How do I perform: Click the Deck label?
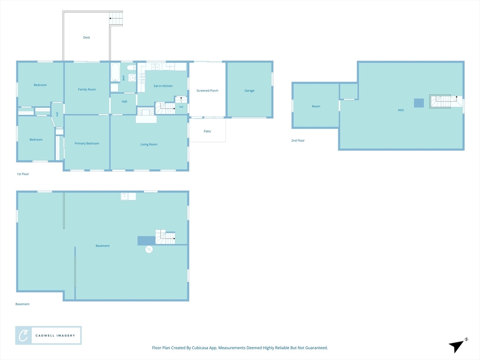pos(87,37)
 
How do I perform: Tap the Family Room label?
pos(87,90)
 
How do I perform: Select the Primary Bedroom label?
pos(87,143)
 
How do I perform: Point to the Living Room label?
pos(149,144)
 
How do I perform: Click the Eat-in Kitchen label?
pos(163,86)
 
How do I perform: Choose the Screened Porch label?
pos(207,90)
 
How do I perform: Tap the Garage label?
pos(249,90)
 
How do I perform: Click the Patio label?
pos(207,131)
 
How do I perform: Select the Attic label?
pos(401,110)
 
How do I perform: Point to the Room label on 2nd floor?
pos(316,106)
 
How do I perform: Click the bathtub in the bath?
pos(115,72)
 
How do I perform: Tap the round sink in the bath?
pos(132,78)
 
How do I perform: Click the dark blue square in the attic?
pos(419,103)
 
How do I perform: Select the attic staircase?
pos(443,101)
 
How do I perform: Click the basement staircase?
pos(165,237)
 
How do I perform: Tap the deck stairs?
pos(116,18)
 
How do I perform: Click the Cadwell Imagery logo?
pos(48,336)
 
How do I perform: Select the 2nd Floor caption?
pos(298,141)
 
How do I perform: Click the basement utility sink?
pos(128,196)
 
